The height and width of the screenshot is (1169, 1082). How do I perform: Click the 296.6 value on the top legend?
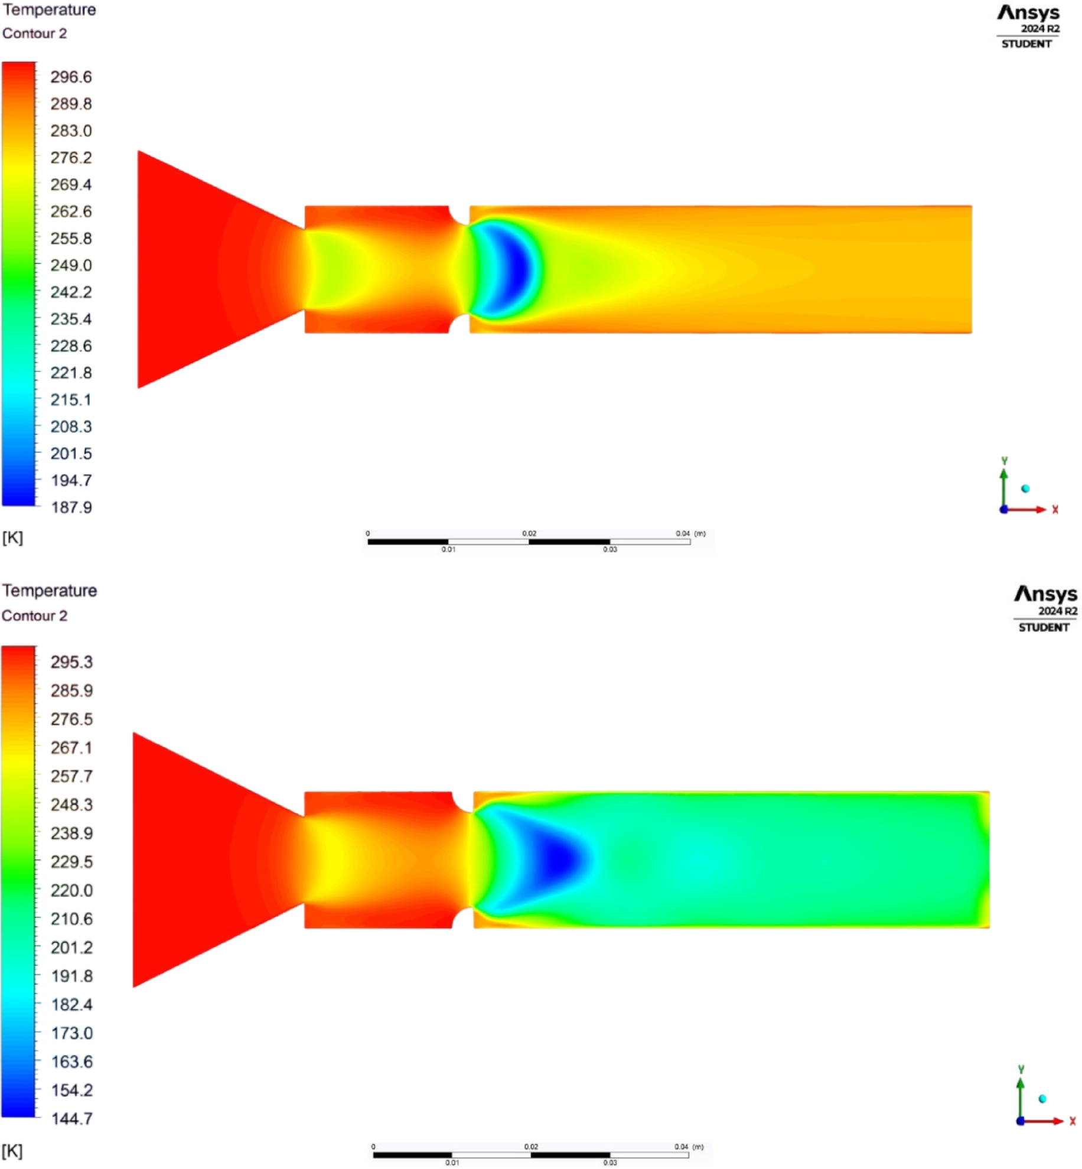(x=71, y=77)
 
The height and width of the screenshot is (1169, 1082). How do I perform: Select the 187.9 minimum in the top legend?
(x=71, y=507)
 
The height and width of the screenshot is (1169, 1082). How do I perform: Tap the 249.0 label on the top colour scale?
(x=71, y=265)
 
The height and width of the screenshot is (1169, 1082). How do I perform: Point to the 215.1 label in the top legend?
(x=71, y=400)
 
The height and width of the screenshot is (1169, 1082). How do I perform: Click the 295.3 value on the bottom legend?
(x=71, y=662)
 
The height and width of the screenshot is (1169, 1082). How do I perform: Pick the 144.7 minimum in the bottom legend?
(x=72, y=1119)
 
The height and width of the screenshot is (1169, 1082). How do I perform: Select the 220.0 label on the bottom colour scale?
(x=71, y=890)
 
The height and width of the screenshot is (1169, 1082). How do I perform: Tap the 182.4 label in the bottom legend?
(x=72, y=1004)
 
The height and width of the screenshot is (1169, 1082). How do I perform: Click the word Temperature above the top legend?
(x=49, y=10)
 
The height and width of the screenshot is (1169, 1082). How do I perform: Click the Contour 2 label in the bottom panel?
(x=34, y=616)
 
